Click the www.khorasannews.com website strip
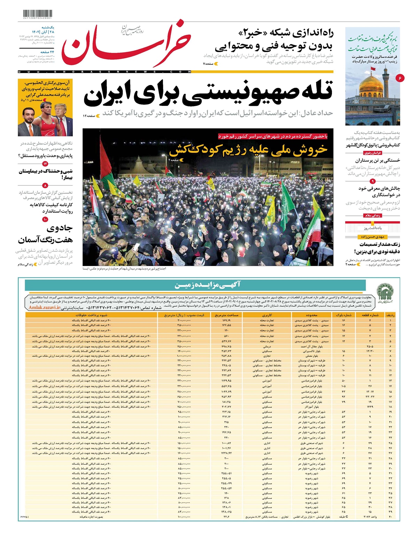104,72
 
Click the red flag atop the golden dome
373,69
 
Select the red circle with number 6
400,78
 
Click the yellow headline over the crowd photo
248,150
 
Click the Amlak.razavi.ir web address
44,308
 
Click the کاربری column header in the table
267,315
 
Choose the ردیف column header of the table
390,315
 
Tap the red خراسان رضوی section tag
373,153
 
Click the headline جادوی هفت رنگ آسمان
46,234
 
